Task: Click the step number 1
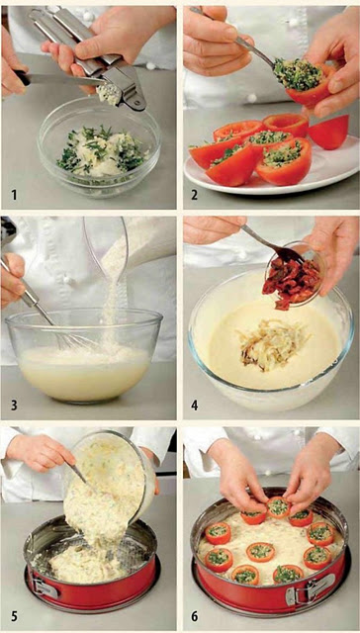(x=15, y=196)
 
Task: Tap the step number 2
(x=195, y=196)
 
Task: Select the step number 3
(x=15, y=405)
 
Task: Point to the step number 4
(x=195, y=405)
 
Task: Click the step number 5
(x=15, y=616)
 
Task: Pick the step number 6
(x=195, y=616)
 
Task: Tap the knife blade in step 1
(x=60, y=79)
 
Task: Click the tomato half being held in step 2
(x=312, y=86)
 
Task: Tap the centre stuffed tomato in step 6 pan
(x=260, y=551)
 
